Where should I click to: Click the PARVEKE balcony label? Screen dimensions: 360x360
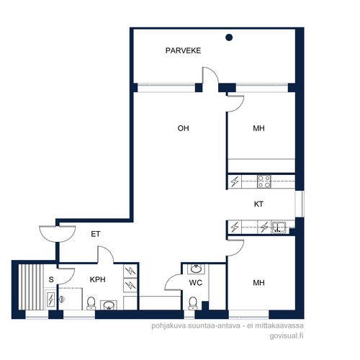click(x=183, y=50)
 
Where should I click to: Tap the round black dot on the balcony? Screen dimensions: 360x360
click(x=229, y=37)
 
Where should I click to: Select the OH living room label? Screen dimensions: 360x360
click(x=183, y=128)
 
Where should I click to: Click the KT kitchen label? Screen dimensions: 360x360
click(x=258, y=204)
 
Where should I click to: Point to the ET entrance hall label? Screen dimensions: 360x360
click(x=96, y=234)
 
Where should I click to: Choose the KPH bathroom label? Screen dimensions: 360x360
click(x=98, y=279)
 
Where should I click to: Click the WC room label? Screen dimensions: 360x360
click(x=196, y=283)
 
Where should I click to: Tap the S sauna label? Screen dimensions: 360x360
click(x=51, y=279)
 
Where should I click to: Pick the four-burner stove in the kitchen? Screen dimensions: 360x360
click(x=264, y=181)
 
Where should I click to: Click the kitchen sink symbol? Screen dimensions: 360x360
click(x=279, y=227)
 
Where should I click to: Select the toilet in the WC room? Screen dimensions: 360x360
click(x=193, y=303)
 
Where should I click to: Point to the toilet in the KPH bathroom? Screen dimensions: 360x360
click(x=91, y=303)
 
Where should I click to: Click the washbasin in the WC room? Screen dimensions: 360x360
click(x=196, y=269)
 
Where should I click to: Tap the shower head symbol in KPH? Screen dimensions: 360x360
click(x=62, y=300)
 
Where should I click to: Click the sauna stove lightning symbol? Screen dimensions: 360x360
click(x=50, y=300)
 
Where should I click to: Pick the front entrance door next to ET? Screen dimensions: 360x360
click(x=58, y=234)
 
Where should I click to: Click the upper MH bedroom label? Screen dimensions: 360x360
click(x=258, y=128)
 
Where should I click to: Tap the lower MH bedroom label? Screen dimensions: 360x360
click(x=258, y=283)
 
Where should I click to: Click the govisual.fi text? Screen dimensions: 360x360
click(x=287, y=336)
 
